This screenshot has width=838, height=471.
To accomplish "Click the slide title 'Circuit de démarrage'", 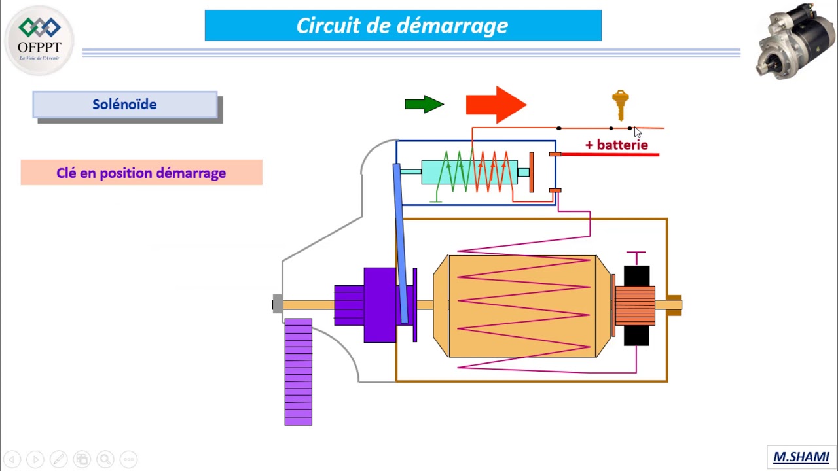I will pyautogui.click(x=403, y=26).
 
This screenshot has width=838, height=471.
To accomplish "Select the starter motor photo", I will pyautogui.click(x=795, y=41).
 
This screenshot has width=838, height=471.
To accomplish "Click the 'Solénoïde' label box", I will pyautogui.click(x=124, y=105).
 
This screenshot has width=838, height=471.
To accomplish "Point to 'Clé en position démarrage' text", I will pyautogui.click(x=141, y=173).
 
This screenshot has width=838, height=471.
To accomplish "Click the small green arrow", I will pyautogui.click(x=424, y=104).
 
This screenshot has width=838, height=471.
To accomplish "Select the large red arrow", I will pyautogui.click(x=496, y=104).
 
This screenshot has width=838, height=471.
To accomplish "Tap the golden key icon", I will pyautogui.click(x=620, y=105).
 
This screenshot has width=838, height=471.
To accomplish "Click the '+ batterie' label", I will pyautogui.click(x=616, y=145).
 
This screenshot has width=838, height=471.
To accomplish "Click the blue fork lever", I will pyautogui.click(x=400, y=242).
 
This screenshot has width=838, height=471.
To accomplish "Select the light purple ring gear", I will pyautogui.click(x=298, y=372).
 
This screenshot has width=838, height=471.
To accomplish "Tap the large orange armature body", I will pyautogui.click(x=522, y=306).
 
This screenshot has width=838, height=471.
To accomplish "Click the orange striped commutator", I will pyautogui.click(x=635, y=305).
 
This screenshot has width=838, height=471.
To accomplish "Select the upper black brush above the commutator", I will pyautogui.click(x=636, y=275).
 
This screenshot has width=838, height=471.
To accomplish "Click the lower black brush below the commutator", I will pyautogui.click(x=636, y=336).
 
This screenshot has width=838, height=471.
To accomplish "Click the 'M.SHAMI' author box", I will pyautogui.click(x=801, y=457).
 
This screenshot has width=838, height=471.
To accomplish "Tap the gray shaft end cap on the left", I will pyautogui.click(x=278, y=304).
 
